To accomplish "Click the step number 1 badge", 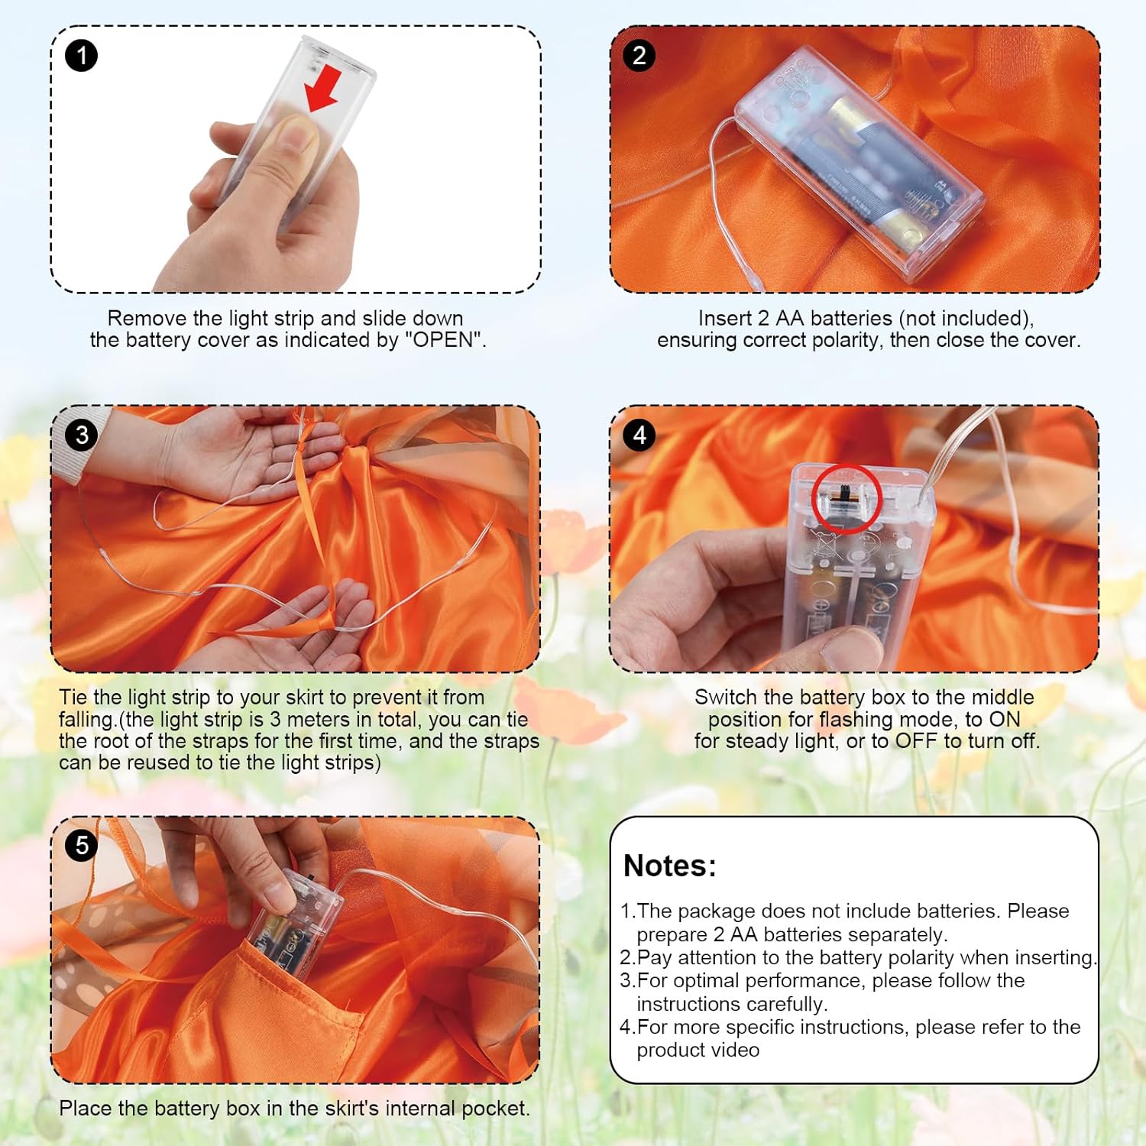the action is pyautogui.click(x=82, y=56).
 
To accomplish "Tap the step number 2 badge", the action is pyautogui.click(x=639, y=56).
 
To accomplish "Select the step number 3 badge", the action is pyautogui.click(x=82, y=435).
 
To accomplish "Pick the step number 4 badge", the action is pyautogui.click(x=639, y=435).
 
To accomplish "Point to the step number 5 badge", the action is pyautogui.click(x=82, y=846).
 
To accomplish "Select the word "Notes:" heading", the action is pyautogui.click(x=670, y=866).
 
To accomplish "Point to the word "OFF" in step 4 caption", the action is pyautogui.click(x=916, y=740).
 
